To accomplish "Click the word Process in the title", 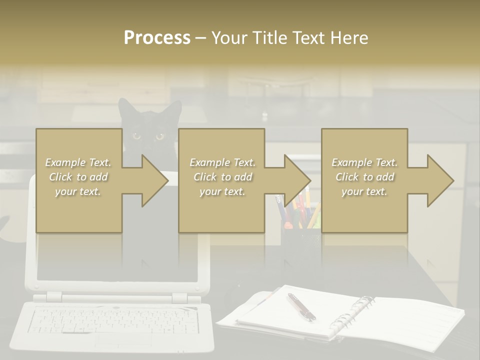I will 157,38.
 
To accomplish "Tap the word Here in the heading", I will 349,38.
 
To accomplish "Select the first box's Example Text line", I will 78,162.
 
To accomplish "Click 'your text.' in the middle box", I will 222,191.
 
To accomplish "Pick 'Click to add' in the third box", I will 364,177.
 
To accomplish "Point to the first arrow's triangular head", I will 155,180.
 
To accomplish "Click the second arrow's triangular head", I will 298,180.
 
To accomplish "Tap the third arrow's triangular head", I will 440,180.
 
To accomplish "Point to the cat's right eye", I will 159,135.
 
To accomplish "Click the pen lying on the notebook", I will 301,306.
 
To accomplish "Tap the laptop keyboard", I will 112,320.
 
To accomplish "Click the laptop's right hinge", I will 178,298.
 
